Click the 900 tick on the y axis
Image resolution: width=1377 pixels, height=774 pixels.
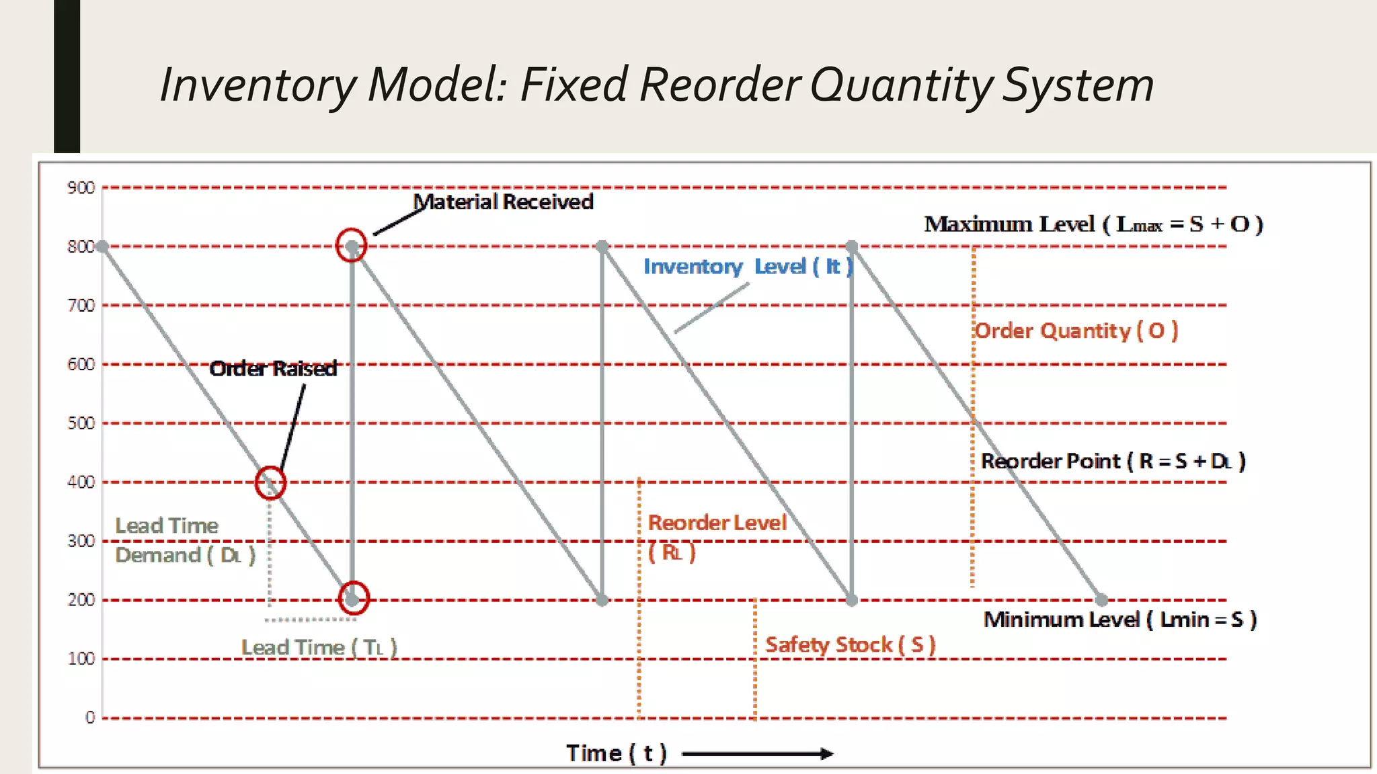pos(81,187)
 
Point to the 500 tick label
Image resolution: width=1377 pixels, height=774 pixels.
pos(81,423)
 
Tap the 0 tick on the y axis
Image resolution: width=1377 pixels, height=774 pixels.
pos(90,718)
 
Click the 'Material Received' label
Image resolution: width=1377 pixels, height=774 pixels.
pos(503,202)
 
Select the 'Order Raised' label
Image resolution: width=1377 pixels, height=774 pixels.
pos(273,368)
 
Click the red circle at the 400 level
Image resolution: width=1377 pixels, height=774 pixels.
pos(270,482)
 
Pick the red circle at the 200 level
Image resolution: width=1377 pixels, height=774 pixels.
pos(354,597)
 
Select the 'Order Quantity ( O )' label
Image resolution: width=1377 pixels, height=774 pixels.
pos(1076,331)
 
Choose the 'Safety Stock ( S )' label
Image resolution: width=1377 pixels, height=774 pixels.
pos(850,645)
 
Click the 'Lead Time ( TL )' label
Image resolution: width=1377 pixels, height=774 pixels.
pos(319,648)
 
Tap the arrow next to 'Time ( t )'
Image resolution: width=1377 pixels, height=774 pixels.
pos(757,754)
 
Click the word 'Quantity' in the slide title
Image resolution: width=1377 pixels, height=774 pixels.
pos(902,85)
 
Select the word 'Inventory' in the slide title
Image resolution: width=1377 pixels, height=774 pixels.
pos(258,85)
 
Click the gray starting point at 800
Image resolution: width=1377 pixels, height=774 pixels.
pos(102,247)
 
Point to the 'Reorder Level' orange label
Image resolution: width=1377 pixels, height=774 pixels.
pos(717,523)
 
